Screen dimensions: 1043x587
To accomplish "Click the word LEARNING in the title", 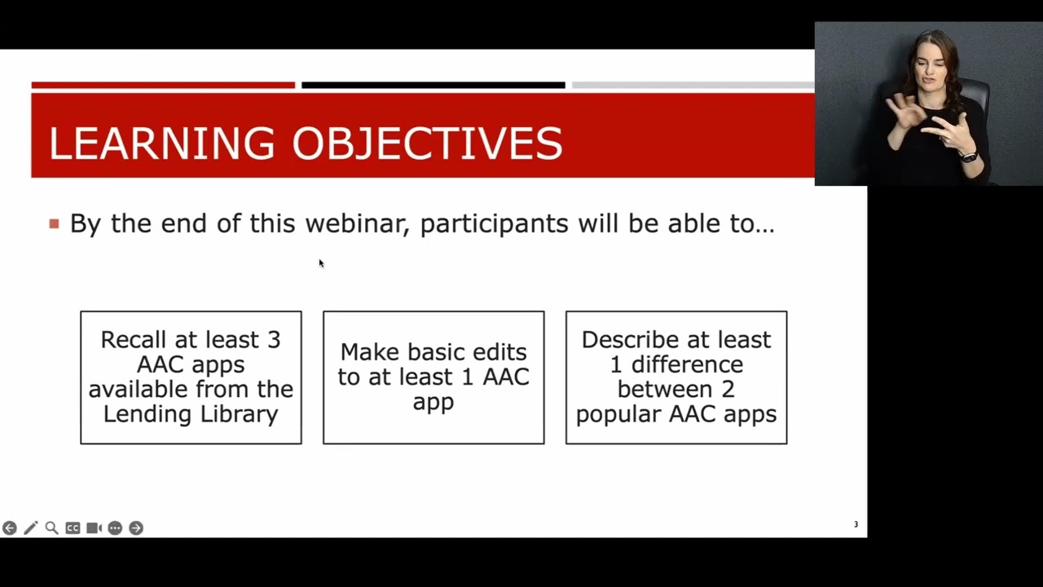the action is tap(161, 143).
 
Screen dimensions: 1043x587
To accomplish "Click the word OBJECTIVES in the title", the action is tap(428, 143).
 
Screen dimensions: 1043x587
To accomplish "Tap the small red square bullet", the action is tap(54, 224).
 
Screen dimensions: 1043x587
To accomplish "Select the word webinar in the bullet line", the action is tap(358, 223).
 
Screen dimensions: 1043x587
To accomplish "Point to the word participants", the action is tap(495, 224).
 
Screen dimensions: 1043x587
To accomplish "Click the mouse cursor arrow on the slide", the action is tap(321, 263).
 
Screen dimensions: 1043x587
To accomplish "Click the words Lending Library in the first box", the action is tap(191, 414).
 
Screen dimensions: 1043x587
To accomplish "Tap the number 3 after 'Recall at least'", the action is tap(274, 340).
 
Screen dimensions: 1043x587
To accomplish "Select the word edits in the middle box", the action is tap(499, 351).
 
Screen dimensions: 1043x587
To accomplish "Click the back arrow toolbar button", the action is tap(9, 527).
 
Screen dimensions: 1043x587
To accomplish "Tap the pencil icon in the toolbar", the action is tap(31, 527).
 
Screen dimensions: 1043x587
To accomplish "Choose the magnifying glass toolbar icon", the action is tap(51, 527).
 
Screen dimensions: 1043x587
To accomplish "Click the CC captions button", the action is tap(73, 527).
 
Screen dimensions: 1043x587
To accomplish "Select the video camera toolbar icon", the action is tap(94, 527).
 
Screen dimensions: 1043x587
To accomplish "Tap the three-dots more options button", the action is tap(115, 527).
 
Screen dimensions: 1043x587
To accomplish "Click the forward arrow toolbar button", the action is tap(136, 527).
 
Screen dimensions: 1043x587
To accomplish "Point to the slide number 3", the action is tap(856, 524).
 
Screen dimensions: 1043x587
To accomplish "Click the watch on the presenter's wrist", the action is tap(969, 157).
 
